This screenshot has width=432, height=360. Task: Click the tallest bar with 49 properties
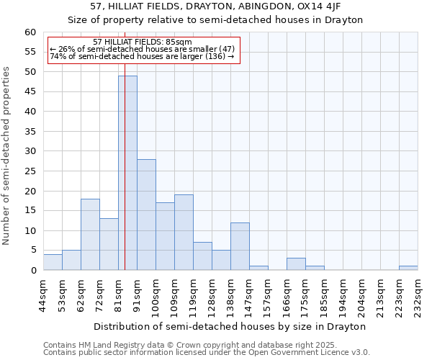[x=127, y=173]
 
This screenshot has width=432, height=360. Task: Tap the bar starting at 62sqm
[x=90, y=234]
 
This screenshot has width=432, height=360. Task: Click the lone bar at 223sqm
[x=408, y=268]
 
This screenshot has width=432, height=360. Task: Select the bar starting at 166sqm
[x=296, y=264]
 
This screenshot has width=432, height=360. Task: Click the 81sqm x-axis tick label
[x=118, y=294]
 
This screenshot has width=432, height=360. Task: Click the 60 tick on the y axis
[x=30, y=32]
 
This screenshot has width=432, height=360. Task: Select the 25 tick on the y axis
[x=30, y=171]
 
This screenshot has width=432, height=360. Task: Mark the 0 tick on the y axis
[x=33, y=271]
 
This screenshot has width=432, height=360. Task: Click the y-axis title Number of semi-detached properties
[x=7, y=156]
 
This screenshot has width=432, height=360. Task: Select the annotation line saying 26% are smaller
[x=142, y=49]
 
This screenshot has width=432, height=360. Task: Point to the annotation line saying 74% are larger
[x=142, y=56]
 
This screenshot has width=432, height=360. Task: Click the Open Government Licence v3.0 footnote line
[x=207, y=352]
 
